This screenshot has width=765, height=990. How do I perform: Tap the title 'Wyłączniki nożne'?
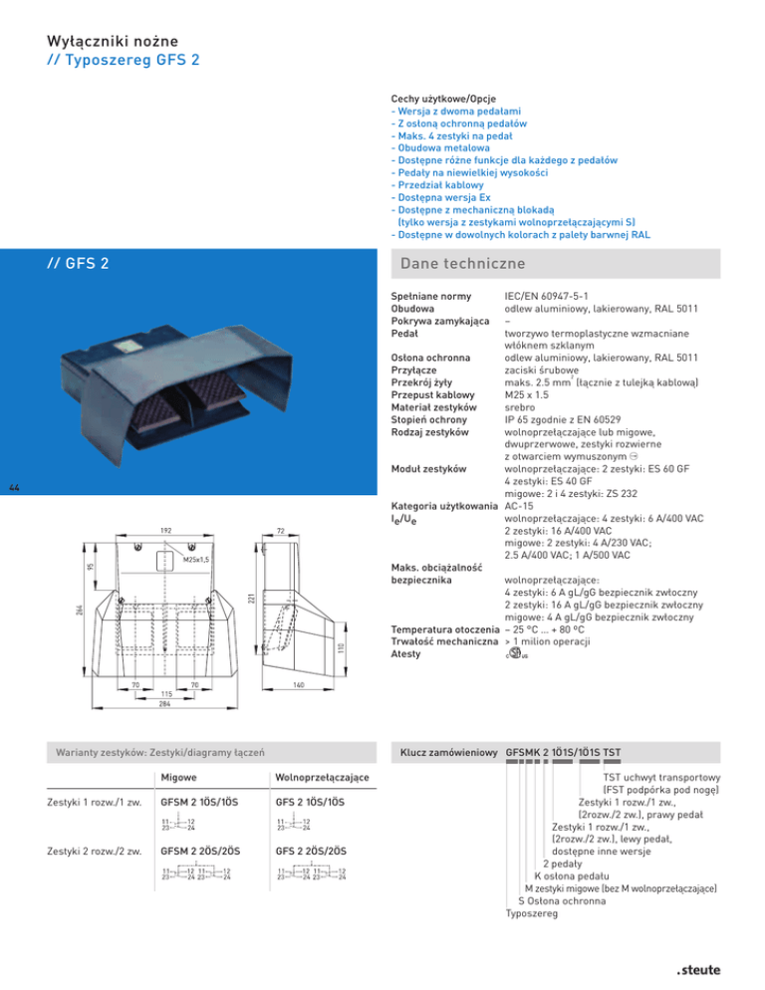(x=113, y=41)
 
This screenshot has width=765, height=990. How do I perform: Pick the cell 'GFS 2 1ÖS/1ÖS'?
(x=311, y=802)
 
